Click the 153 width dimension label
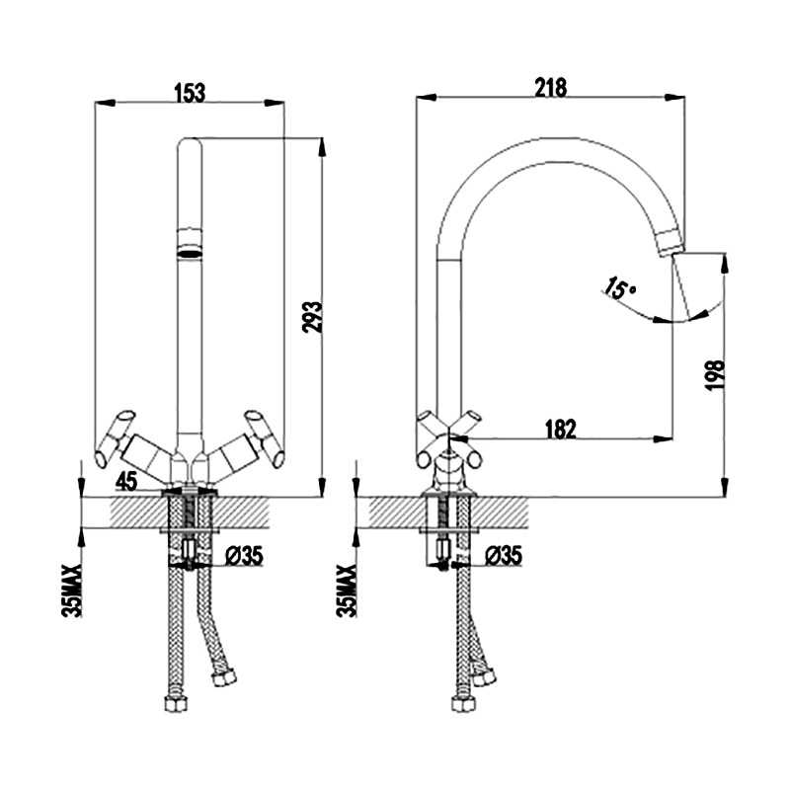190,93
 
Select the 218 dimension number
551,87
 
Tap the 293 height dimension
312,317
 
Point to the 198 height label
715,375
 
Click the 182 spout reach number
561,429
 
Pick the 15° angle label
620,287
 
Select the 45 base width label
126,482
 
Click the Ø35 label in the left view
244,556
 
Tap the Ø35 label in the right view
504,556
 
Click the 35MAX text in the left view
71,591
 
